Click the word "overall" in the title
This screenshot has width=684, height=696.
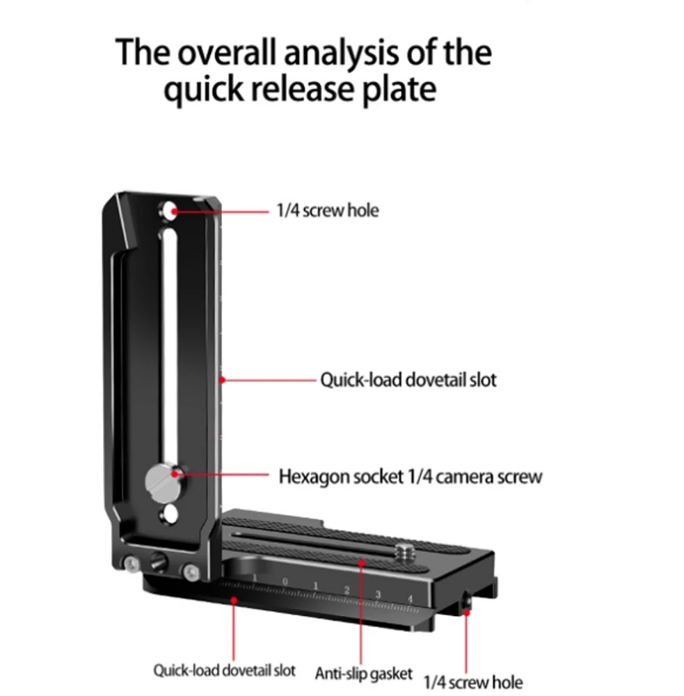pos(230,53)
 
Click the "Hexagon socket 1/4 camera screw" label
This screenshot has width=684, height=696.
pos(410,477)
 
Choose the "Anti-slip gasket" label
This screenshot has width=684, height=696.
pos(363,674)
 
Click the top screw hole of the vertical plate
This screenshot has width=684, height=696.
pos(169,210)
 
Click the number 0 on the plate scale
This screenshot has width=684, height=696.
pos(285,581)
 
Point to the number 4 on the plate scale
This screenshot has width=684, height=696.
pos(411,599)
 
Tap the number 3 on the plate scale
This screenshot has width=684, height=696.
pos(378,594)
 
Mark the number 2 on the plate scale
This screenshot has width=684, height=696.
pos(347,590)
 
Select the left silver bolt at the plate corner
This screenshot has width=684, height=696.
pos(132,564)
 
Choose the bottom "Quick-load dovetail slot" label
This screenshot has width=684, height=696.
pos(224,671)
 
